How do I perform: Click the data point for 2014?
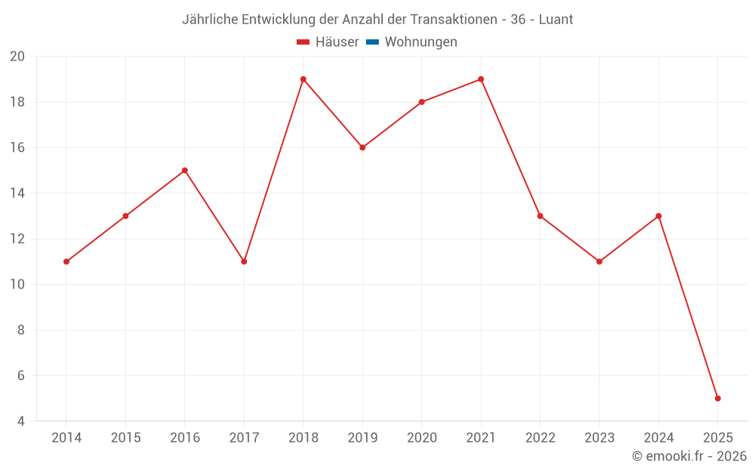[x=66, y=261]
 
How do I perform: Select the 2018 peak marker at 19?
[x=304, y=79]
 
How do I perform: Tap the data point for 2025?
[x=717, y=398]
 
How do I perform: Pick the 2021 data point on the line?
[x=481, y=79]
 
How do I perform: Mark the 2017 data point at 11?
[x=244, y=261]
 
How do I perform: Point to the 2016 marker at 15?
[x=185, y=171]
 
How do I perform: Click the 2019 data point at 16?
[x=362, y=147]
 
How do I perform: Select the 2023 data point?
[x=599, y=261]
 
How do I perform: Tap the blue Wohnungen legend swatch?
[x=372, y=42]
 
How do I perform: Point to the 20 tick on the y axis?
[x=17, y=57]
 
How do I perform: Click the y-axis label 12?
[x=17, y=239]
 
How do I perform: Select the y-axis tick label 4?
[x=21, y=421]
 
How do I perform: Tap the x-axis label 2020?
[x=421, y=438]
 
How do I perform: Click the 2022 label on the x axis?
[x=540, y=438]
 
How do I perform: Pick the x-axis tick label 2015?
[x=125, y=438]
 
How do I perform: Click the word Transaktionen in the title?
[x=453, y=20]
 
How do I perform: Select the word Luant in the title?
[x=556, y=20]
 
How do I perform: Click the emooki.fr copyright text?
[x=689, y=456]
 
